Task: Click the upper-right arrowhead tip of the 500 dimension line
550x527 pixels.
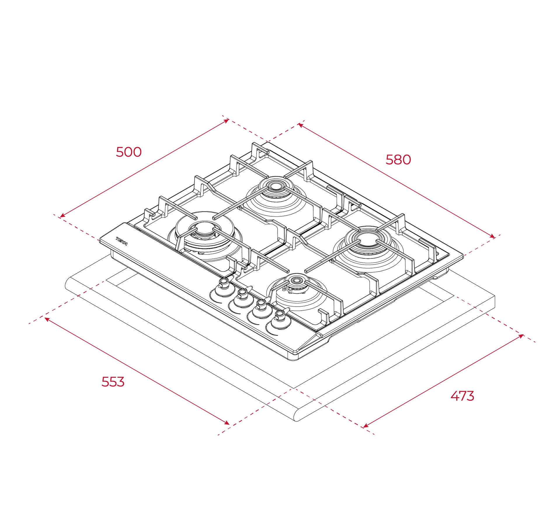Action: [x=229, y=119]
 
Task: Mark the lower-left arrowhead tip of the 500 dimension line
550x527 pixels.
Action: [x=60, y=217]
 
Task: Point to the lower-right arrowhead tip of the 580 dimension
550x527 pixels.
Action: [x=495, y=238]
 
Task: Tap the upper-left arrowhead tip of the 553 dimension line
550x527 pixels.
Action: [x=45, y=318]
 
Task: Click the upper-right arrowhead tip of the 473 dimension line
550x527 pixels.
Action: [x=523, y=335]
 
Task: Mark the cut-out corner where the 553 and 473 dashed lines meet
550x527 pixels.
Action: [x=293, y=388]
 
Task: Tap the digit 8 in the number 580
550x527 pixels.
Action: [x=398, y=160]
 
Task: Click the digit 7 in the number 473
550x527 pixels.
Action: [x=462, y=396]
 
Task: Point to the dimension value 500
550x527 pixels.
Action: [x=129, y=152]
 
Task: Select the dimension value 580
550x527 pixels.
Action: [x=398, y=160]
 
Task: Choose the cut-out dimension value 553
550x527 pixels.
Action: [x=113, y=381]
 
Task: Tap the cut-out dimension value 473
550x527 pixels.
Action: [x=462, y=396]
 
